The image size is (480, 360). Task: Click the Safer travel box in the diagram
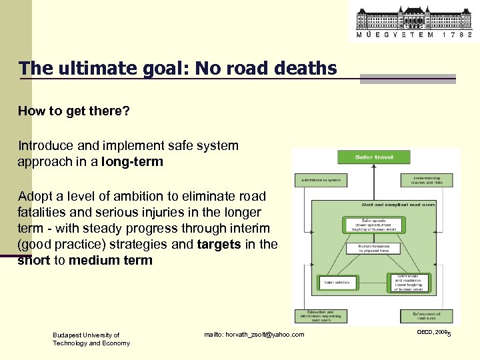pos(374,157)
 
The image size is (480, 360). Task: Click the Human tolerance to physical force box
pos(377,248)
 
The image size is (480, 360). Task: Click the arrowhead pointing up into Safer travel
pos(374,167)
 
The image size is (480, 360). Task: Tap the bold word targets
pos(219,244)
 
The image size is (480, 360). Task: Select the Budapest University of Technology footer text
pos(91,339)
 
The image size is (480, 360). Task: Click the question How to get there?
pos(73,111)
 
